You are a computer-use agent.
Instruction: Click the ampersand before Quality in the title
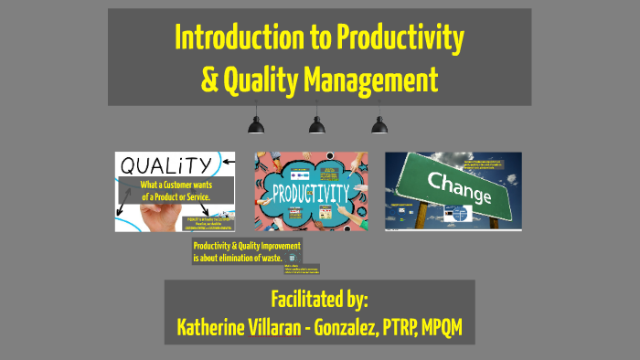pos(208,80)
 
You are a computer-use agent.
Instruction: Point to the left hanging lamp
pos(257,124)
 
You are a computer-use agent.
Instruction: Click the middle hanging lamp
pos(318,124)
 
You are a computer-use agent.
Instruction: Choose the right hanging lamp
pos(379,124)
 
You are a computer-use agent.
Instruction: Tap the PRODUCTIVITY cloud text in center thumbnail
pos(311,192)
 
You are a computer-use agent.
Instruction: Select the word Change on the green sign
pos(455,176)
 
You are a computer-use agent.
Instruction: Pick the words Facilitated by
pos(319,299)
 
